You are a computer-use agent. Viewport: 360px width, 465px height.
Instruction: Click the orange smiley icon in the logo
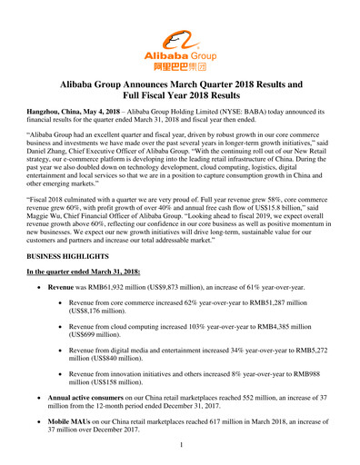(x=180, y=39)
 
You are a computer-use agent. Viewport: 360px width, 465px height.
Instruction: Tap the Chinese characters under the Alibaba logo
(x=180, y=67)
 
